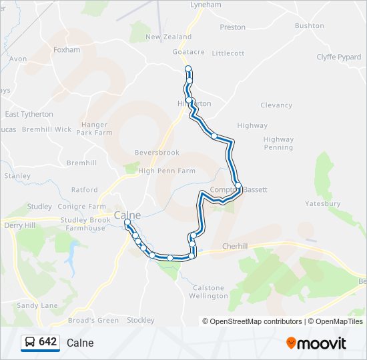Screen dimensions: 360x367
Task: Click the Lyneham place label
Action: pos(206,5)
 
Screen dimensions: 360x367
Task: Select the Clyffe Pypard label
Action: pos(338,57)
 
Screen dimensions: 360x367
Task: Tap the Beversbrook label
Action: pos(157,153)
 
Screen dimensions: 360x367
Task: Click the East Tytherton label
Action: pos(29,114)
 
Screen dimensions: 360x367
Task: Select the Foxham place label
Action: pos(67,50)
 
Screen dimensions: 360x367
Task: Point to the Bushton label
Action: pos(309,26)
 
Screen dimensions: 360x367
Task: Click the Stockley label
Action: pos(140,320)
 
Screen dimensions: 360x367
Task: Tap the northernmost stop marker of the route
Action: pos(188,69)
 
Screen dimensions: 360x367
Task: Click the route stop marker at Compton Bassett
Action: pos(238,185)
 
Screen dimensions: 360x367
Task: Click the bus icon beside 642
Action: pos(30,342)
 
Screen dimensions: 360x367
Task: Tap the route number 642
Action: pos(48,342)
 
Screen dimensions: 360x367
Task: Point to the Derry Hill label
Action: pos(19,225)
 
